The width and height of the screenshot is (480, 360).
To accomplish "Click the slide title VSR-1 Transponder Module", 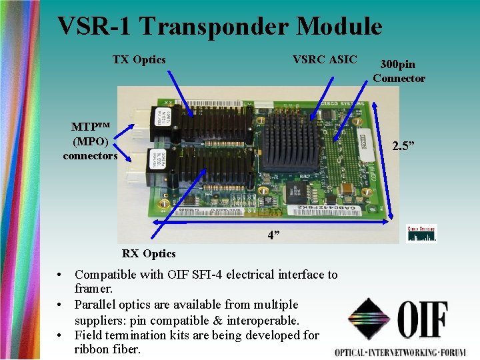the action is tap(219, 27).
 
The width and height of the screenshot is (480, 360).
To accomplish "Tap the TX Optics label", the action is tap(139, 60).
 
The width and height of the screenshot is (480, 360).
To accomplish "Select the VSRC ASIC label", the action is tap(325, 60).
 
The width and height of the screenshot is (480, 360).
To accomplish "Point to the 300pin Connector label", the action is tap(399, 71).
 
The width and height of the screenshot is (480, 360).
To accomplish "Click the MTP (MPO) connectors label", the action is tap(90, 141).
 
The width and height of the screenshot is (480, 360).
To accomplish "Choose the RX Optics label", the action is tap(149, 253).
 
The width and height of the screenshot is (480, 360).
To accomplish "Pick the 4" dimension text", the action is tap(273, 235).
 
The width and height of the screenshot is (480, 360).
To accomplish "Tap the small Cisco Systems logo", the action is tap(421, 233).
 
